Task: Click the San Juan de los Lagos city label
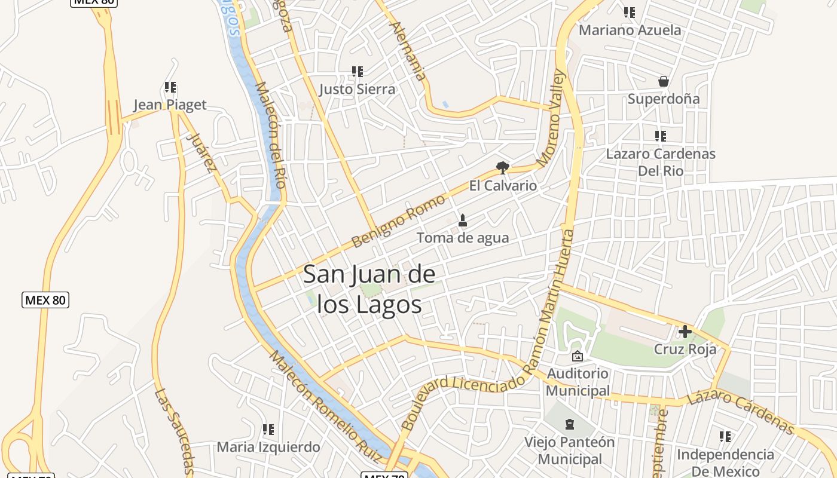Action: [369, 289]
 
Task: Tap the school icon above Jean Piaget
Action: [170, 88]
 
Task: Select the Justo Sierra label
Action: [357, 90]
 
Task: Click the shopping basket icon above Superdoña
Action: [663, 81]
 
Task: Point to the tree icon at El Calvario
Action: [503, 167]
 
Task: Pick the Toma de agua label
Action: [463, 238]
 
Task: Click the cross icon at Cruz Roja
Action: [685, 331]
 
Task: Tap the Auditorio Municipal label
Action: [578, 382]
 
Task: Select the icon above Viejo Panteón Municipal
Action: [570, 424]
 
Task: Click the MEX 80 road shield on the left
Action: [45, 300]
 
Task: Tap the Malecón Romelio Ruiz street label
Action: [326, 406]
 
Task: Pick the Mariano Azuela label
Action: [630, 30]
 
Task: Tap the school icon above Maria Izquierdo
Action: [268, 430]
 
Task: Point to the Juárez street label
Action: [201, 152]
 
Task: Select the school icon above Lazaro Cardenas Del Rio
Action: [660, 136]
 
